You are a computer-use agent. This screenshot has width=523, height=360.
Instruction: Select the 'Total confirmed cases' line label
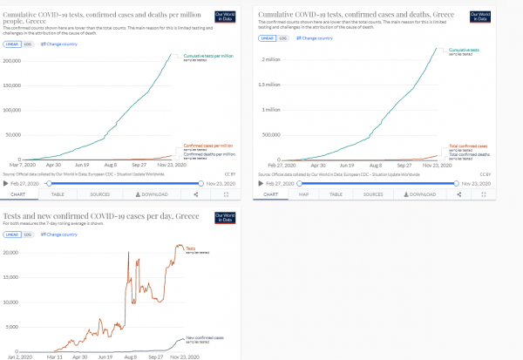pos(466,146)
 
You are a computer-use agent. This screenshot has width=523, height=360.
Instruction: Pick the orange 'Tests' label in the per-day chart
pos(191,248)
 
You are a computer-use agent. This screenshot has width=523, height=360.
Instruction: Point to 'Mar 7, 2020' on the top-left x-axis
pos(22,164)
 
